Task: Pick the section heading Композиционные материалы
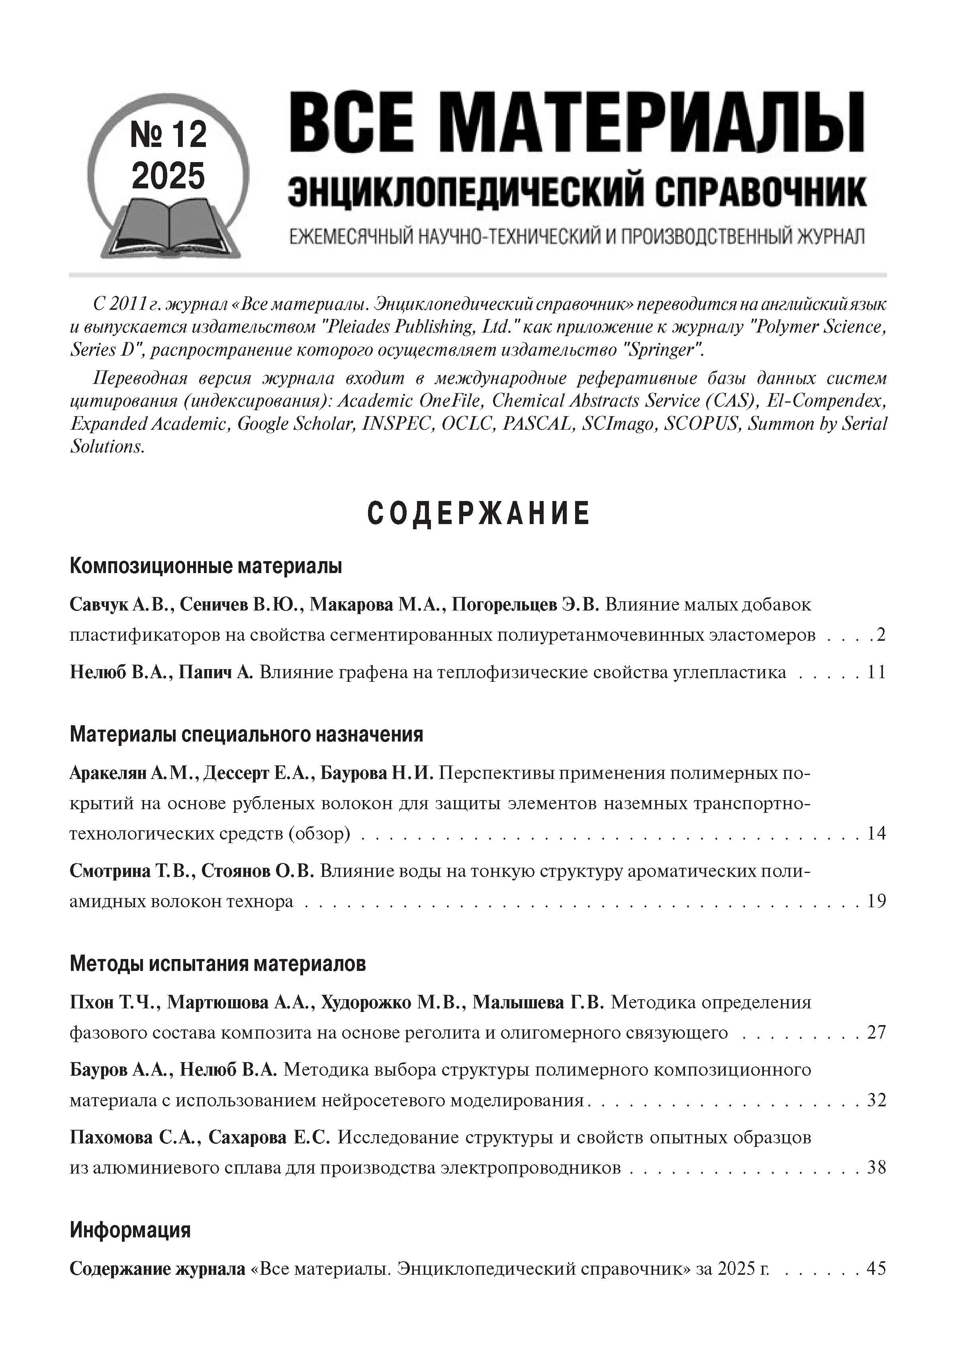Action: [206, 566]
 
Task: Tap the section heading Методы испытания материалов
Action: [218, 964]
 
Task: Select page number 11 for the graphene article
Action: [876, 673]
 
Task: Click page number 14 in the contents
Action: [876, 833]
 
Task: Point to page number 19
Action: [876, 900]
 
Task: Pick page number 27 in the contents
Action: [876, 1033]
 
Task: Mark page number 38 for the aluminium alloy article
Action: [876, 1168]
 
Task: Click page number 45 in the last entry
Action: [876, 1268]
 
